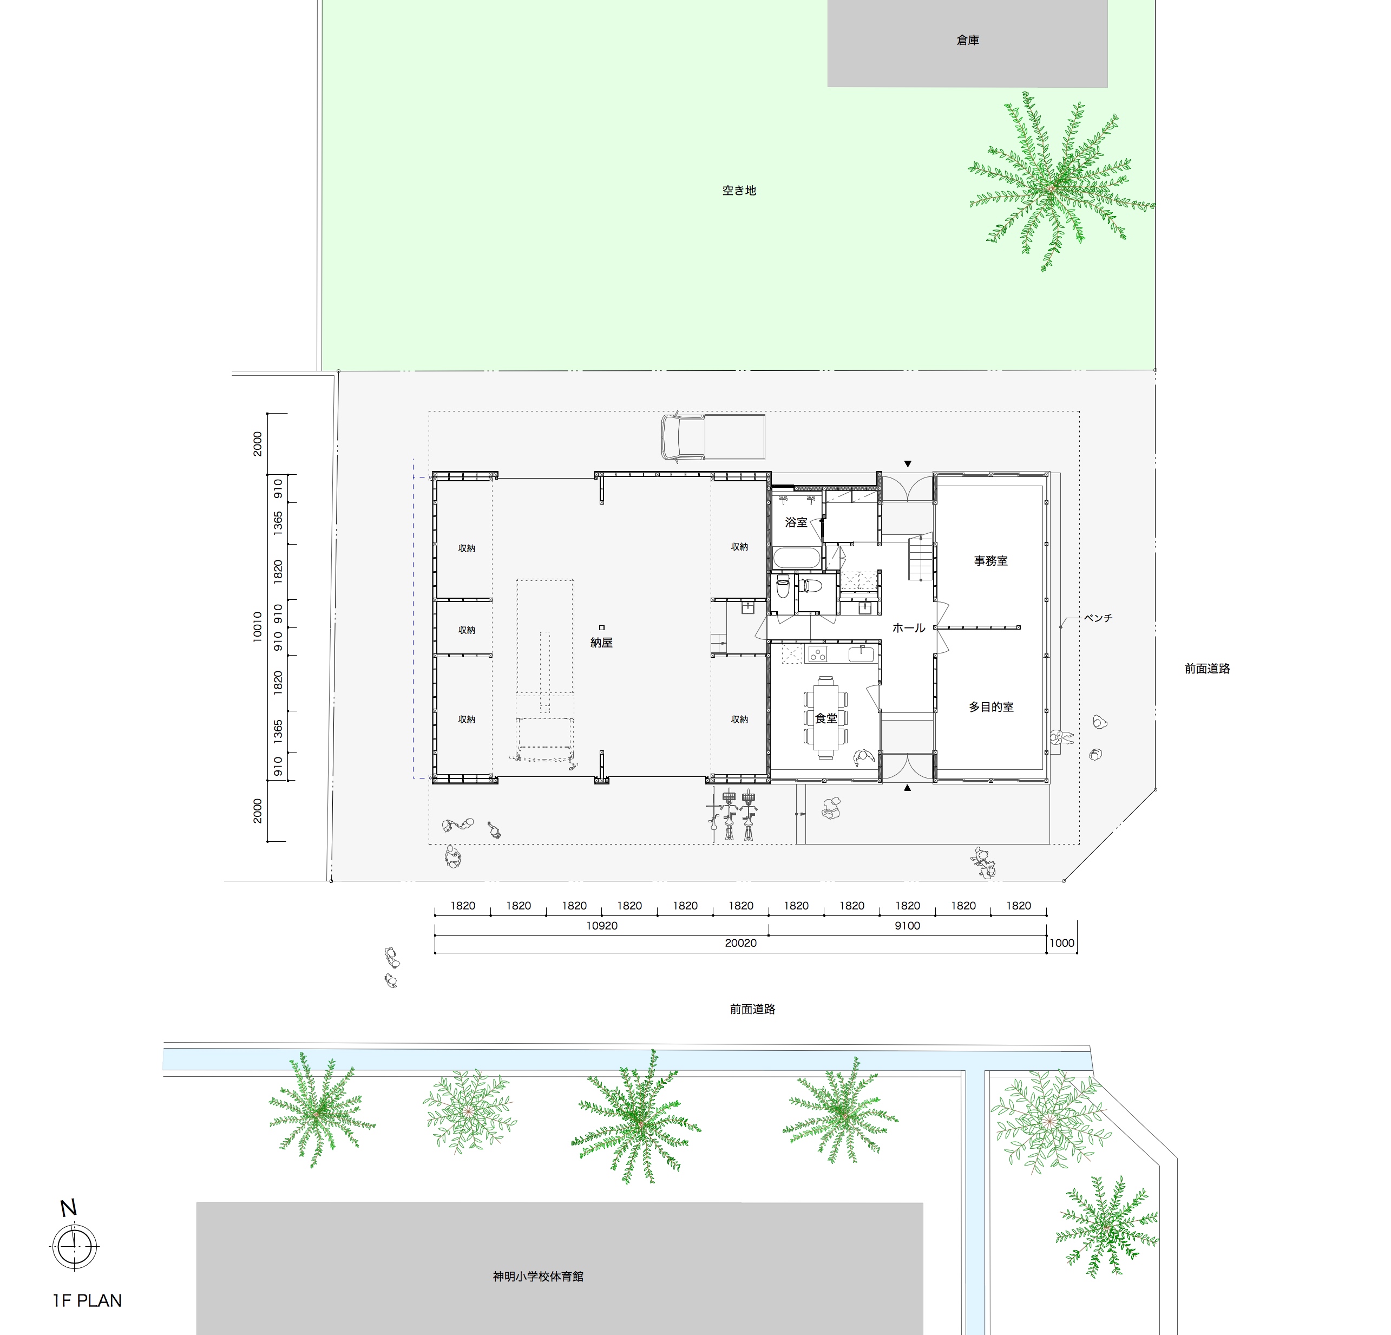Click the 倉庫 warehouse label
(x=967, y=41)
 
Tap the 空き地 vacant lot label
(x=739, y=190)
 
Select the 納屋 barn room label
(x=601, y=642)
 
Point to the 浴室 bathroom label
(x=796, y=522)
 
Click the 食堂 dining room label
(x=826, y=718)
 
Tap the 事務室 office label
(x=990, y=561)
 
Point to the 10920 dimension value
(x=602, y=926)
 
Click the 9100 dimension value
(x=907, y=926)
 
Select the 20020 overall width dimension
(x=740, y=943)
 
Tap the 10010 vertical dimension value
(x=258, y=627)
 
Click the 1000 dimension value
(x=1062, y=943)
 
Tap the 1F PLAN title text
(x=87, y=1301)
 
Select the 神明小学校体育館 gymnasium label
(x=538, y=1276)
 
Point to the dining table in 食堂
(x=825, y=718)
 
